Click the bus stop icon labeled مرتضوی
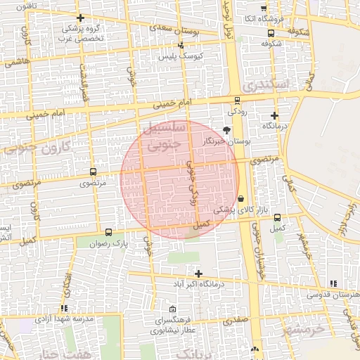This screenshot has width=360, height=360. (93, 172)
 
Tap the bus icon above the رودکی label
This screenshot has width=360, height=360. (237, 101)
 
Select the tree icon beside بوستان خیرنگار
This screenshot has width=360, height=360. (226, 130)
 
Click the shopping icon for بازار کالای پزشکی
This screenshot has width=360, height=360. (241, 198)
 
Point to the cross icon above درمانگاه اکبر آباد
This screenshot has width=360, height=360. (199, 274)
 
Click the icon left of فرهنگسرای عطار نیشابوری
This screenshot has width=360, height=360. (173, 309)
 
